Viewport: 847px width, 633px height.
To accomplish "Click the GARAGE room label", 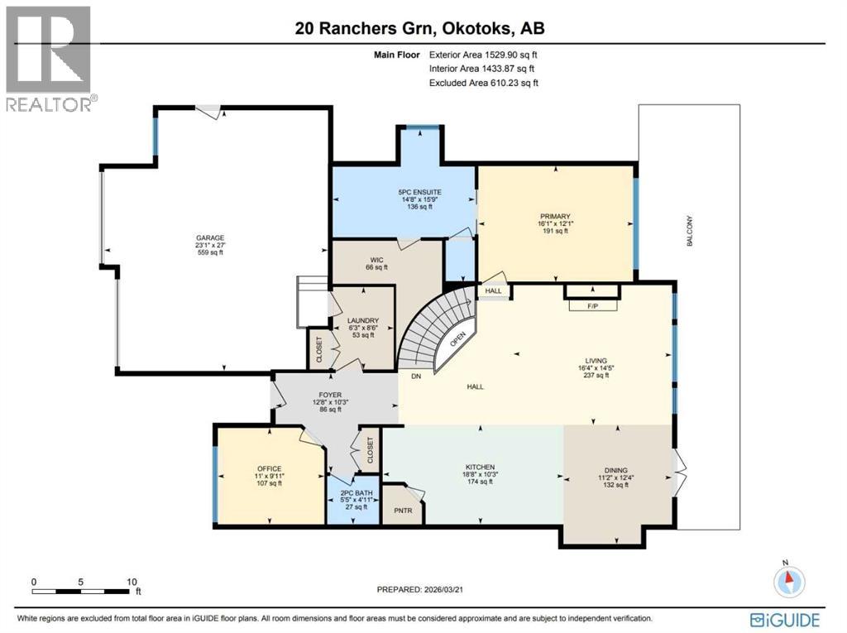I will pos(209,238).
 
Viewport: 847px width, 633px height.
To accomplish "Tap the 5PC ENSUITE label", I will pos(414,192).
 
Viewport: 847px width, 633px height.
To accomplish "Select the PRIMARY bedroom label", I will pos(555,216).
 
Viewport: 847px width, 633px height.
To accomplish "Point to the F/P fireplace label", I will pos(592,305).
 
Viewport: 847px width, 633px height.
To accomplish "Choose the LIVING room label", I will pos(596,361).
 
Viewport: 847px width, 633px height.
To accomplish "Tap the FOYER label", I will pos(331,396).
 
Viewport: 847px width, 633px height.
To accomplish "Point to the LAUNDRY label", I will pos(363,320).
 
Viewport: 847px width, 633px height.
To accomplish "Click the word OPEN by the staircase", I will pos(457,340).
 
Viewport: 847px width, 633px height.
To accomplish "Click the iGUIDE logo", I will pos(785,619).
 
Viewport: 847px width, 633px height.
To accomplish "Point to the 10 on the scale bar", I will pos(130,582).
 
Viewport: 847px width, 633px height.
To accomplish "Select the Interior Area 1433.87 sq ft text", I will pos(485,69).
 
